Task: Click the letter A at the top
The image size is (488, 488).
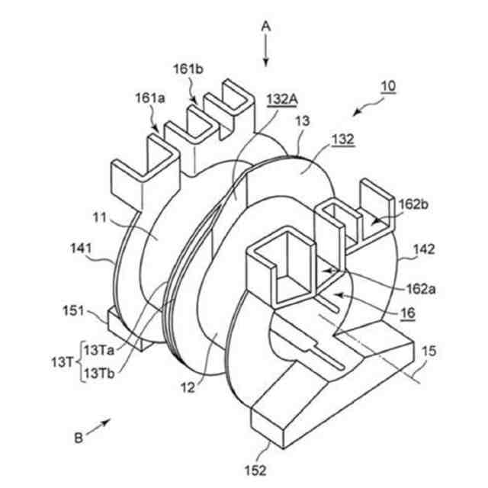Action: (266, 24)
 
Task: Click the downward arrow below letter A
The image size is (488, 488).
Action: (266, 52)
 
